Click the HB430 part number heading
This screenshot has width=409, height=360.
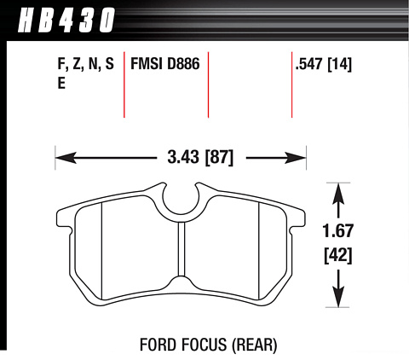(66, 20)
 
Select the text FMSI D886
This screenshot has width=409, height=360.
(165, 63)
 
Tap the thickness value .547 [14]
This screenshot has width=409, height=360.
(324, 64)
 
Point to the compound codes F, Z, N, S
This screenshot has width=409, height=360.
(86, 64)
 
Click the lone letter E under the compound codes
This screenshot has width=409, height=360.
(61, 84)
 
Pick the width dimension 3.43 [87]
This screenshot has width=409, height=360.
(200, 157)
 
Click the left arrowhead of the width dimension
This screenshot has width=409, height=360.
(66, 158)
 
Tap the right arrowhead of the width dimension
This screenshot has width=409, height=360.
(295, 158)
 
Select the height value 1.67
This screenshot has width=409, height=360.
(338, 230)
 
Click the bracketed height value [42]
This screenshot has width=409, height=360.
(338, 255)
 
